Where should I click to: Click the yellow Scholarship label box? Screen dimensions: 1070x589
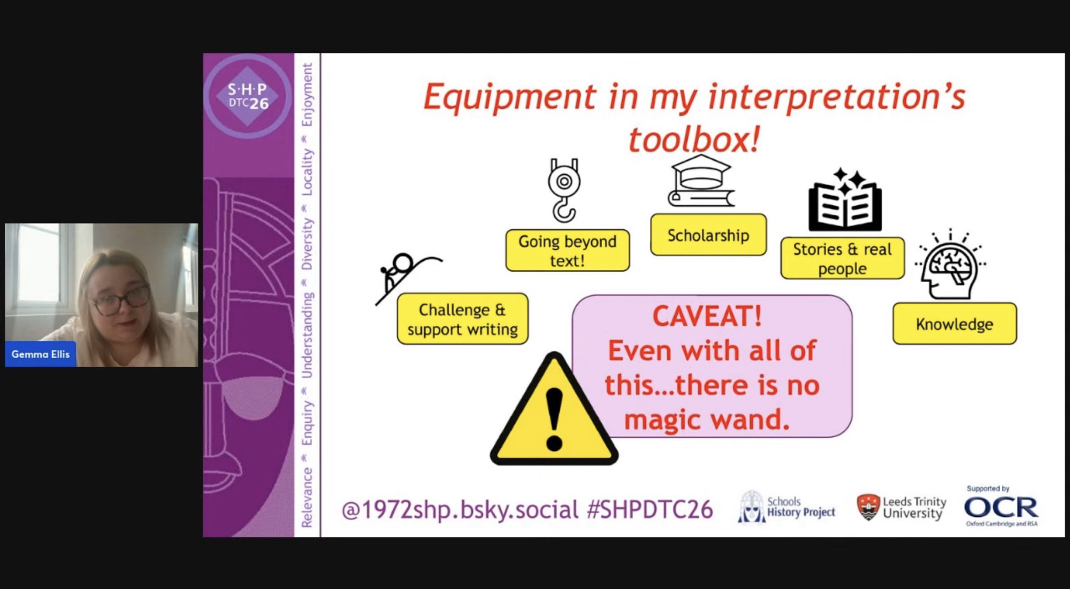point(708,235)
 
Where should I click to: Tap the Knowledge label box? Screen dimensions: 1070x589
point(954,323)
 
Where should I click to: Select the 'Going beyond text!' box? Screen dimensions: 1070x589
point(568,250)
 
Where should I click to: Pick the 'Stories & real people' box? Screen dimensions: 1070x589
point(843,258)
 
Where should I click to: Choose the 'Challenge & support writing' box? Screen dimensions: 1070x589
point(463,319)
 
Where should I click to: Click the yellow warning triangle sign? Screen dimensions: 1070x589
point(554,409)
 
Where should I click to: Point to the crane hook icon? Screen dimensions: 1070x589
point(564,190)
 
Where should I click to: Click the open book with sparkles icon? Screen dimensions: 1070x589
point(845,199)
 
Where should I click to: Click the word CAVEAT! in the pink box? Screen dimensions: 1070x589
point(707,316)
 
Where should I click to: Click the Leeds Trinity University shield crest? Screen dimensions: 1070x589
point(868,507)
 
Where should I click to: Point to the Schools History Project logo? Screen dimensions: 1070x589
point(786,507)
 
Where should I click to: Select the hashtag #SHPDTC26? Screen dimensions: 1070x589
point(649,509)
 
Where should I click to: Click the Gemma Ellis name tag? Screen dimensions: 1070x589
point(41,354)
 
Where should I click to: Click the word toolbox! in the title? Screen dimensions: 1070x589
point(694,139)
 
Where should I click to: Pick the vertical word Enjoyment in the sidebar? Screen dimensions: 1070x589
point(307,95)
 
